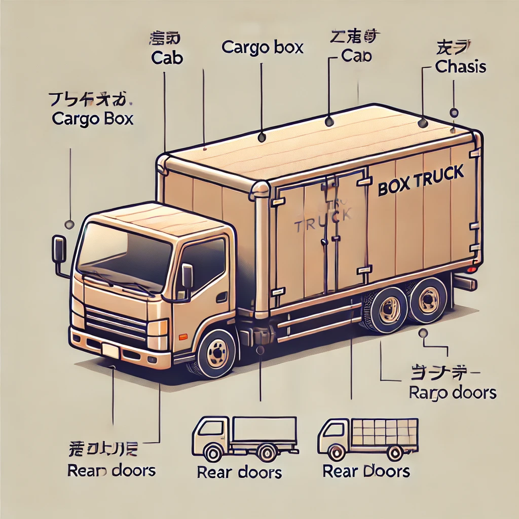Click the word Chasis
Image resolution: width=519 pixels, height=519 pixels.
click(461, 66)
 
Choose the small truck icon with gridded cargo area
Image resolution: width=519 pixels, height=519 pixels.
click(368, 438)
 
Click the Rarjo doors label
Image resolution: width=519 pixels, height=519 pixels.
click(453, 392)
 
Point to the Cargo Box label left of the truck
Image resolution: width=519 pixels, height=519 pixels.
click(93, 119)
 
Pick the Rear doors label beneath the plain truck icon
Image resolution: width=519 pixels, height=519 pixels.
click(239, 472)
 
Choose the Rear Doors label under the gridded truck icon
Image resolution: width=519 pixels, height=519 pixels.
click(366, 471)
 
